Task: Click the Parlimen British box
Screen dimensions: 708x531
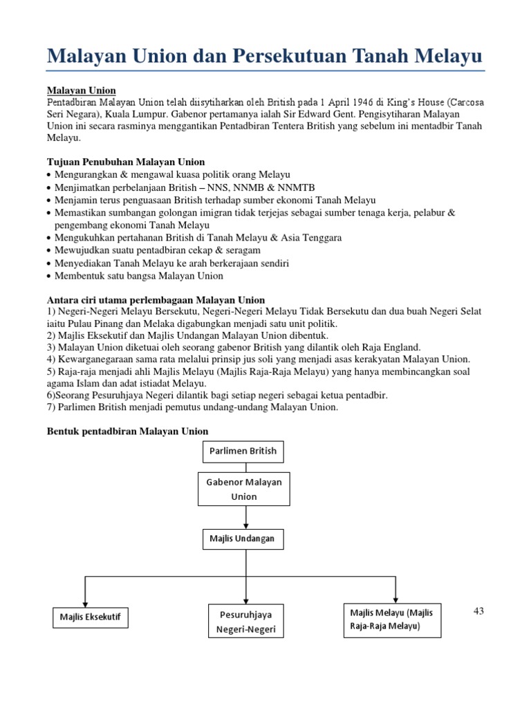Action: coord(243,451)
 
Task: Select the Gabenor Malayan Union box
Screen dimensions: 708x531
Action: coord(244,489)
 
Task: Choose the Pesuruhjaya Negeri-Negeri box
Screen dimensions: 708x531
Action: coord(245,622)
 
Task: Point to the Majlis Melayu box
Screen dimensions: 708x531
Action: coord(392,619)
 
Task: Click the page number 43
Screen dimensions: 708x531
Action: coord(480,611)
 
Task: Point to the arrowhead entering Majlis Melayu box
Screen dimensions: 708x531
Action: coord(395,598)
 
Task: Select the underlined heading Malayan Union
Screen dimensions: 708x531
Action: coord(81,91)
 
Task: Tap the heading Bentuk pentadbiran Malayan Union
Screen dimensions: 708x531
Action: coord(127,431)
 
